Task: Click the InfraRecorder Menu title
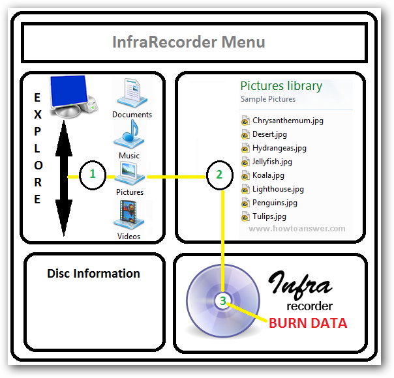(x=189, y=43)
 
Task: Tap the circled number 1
(x=93, y=175)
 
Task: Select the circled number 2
(x=219, y=175)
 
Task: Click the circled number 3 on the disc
(x=223, y=301)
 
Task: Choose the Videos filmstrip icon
(x=129, y=215)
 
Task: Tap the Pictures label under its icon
(x=130, y=192)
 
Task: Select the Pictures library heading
(x=281, y=85)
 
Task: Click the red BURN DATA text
(x=308, y=323)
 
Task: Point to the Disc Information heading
(x=93, y=273)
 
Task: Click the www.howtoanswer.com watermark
(x=297, y=229)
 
